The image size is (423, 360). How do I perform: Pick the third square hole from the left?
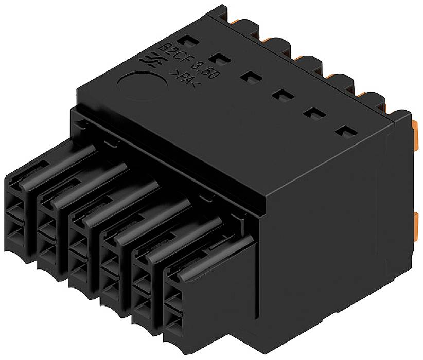[249, 77]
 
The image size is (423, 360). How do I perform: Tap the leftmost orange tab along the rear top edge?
[234, 19]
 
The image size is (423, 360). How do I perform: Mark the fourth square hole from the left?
[281, 96]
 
